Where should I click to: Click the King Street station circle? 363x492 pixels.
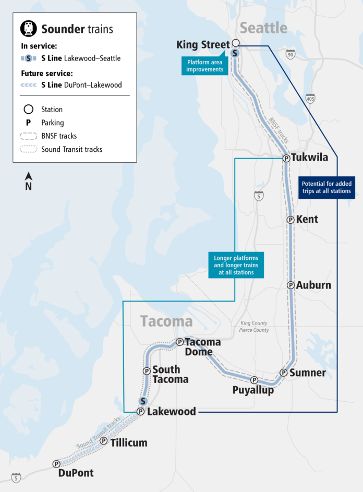coord(236,43)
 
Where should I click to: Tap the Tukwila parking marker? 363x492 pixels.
coord(286,158)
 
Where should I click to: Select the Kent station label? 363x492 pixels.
coord(307,220)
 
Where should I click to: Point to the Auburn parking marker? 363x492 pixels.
coord(291,285)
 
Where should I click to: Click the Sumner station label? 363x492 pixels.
coord(307,373)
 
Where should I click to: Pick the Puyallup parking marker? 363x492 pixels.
coord(254,380)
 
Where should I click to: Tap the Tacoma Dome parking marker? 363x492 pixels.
coord(179,342)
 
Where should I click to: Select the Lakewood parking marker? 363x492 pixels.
coord(140,412)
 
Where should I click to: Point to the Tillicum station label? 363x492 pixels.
coord(128,443)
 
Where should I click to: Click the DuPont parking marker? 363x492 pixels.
coord(56,464)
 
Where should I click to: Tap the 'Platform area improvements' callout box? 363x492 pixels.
coord(205,66)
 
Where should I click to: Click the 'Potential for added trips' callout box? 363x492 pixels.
coord(327,187)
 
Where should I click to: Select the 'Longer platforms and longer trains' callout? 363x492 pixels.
coord(236,265)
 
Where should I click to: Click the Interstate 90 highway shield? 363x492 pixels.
coord(291,54)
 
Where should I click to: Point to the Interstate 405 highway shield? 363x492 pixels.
coord(310,98)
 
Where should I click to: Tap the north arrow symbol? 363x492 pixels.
coord(29,181)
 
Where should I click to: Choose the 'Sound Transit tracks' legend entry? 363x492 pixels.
coord(71,149)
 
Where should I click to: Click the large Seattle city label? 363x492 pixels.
coord(263,27)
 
